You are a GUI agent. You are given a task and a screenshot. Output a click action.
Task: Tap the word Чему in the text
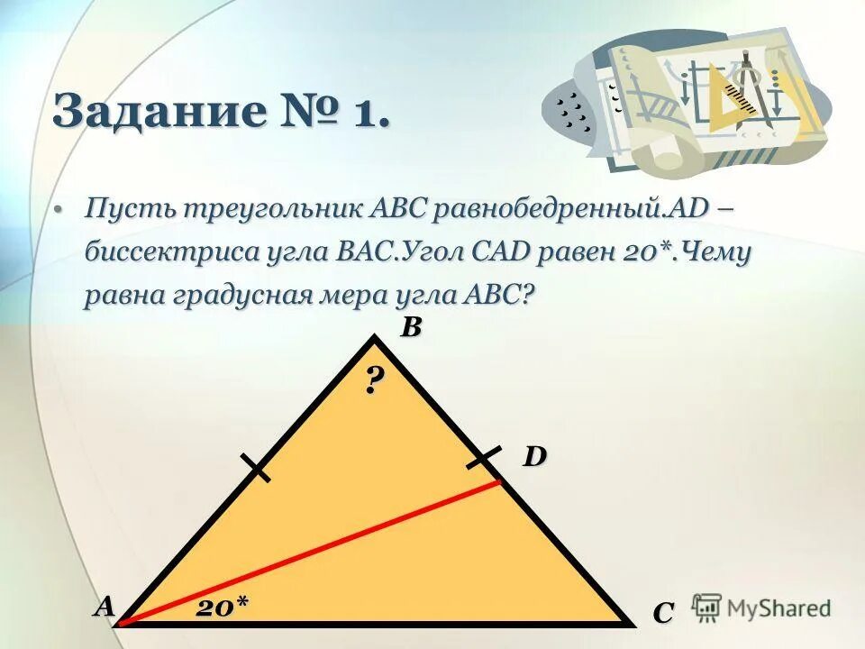tap(716, 253)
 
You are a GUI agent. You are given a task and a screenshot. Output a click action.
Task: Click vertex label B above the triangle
tap(410, 328)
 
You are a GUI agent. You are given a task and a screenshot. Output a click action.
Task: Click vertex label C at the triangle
tap(663, 613)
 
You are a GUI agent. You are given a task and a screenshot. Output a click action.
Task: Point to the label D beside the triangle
tap(535, 457)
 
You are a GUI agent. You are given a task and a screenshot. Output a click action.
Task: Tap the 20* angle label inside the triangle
tap(223, 607)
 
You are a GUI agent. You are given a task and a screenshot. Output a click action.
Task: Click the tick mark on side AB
tap(256, 469)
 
